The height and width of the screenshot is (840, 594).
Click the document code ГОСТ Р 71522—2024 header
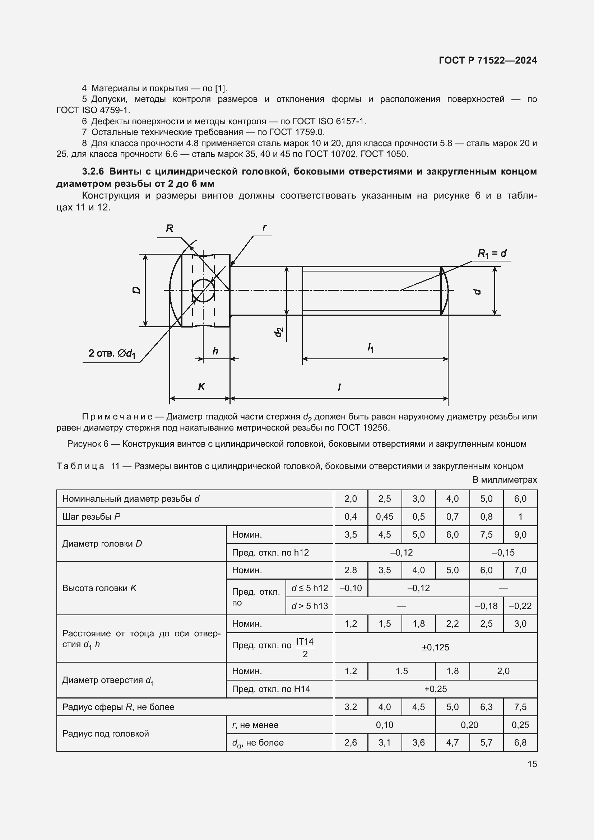[488, 60]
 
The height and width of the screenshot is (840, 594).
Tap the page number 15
[532, 764]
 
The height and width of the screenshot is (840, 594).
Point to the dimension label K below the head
[201, 386]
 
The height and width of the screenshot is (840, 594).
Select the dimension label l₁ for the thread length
[371, 347]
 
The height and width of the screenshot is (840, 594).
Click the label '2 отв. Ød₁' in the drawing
[112, 353]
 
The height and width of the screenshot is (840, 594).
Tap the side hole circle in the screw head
[203, 290]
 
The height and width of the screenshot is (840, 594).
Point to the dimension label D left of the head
[136, 290]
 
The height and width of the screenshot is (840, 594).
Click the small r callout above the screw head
[264, 227]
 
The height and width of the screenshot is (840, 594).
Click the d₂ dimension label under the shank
[279, 332]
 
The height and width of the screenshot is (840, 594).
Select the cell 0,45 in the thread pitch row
[384, 516]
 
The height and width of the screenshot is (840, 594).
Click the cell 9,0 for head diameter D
[520, 534]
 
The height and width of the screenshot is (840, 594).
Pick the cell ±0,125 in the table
[435, 647]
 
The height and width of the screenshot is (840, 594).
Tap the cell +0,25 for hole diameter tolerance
[435, 689]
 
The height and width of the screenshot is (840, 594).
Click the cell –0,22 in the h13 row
[520, 606]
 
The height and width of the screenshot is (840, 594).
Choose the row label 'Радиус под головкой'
[106, 734]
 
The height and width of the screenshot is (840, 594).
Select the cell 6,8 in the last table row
[520, 742]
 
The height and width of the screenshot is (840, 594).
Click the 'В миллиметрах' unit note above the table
[504, 480]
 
